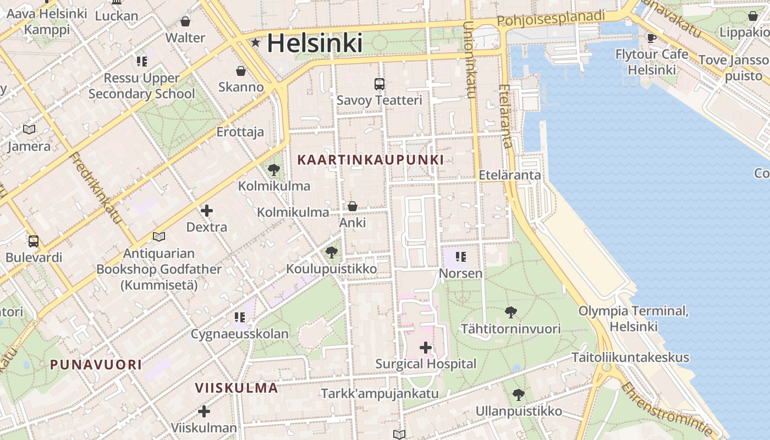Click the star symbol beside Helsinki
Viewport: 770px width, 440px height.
click(x=255, y=42)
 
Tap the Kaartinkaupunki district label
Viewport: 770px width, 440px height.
click(x=370, y=159)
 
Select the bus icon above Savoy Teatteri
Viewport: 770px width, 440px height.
click(x=380, y=84)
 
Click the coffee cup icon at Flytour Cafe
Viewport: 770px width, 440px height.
click(x=652, y=38)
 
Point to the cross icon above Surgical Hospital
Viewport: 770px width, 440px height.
click(x=425, y=348)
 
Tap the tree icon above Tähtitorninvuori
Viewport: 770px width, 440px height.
click(x=511, y=312)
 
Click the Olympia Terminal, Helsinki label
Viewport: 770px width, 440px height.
click(x=633, y=318)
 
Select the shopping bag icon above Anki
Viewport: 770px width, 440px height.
click(x=353, y=206)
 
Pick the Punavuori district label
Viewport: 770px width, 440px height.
click(x=96, y=364)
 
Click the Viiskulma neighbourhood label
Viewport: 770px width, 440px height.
click(x=237, y=388)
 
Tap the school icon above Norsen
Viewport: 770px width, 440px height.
click(x=461, y=256)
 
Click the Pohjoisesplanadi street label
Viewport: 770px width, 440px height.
click(x=551, y=19)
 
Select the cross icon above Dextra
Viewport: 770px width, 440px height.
click(x=207, y=211)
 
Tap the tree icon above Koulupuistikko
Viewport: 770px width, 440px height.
click(x=331, y=252)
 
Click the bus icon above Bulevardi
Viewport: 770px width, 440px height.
click(x=34, y=241)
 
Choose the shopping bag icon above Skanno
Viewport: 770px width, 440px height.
click(x=241, y=70)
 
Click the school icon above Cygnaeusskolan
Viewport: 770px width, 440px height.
click(x=239, y=317)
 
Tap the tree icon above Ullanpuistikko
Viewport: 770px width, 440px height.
click(x=518, y=394)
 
